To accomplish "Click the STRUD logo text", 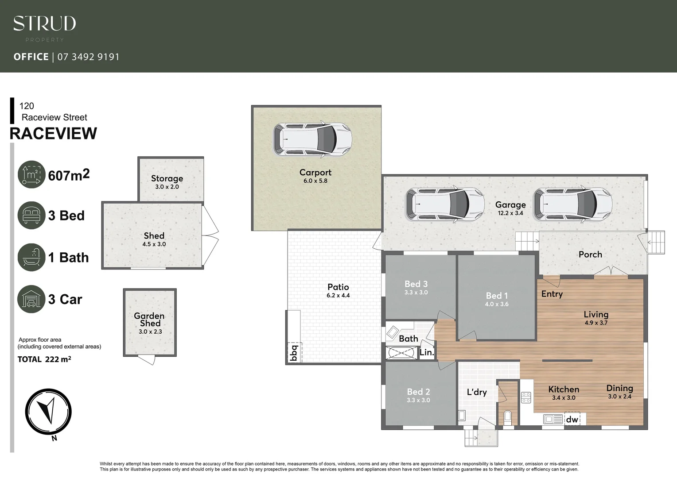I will point(44,23).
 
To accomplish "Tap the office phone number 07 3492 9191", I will point(88,57).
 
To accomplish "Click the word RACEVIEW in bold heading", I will point(53,133).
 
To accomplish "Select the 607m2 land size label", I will point(69,175).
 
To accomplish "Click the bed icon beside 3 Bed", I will point(31,216).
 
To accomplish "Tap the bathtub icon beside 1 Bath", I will point(31,257).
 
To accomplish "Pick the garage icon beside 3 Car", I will point(31,299).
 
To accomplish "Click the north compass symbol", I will point(48,411).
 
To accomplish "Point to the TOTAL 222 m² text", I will point(44,359).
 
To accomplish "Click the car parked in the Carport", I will point(312,139).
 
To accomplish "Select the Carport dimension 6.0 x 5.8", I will point(315,181).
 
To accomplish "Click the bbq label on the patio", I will point(293,353).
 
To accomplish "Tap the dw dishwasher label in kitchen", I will point(572,419).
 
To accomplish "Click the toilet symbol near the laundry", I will point(508,417).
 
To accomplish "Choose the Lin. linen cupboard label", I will point(427,353).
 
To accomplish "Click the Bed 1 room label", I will point(497,296).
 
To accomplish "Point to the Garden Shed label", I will point(149,320).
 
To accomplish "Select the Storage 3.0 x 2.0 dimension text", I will point(167,187).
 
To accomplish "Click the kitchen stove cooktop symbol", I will point(526,397).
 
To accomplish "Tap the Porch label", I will point(590,254).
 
